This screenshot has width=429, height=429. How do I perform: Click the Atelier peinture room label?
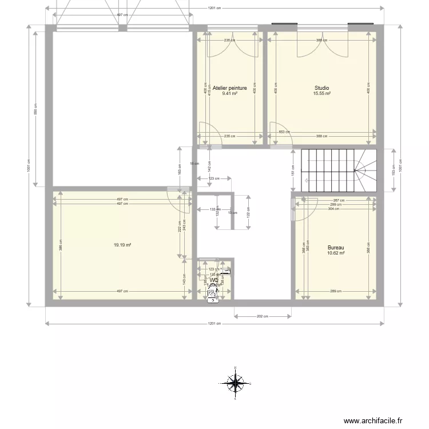229,88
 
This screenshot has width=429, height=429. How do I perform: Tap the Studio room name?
321,88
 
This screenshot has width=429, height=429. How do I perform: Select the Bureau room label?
336,248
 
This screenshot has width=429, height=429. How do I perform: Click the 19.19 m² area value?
122,245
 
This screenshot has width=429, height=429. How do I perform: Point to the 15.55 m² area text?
321,94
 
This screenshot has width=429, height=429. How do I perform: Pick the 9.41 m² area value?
229,94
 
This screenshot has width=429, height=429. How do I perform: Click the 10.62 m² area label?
336,253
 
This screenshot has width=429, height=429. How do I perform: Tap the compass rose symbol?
235,382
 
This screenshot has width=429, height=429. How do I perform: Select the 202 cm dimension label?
263,316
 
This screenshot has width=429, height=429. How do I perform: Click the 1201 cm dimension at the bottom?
214,324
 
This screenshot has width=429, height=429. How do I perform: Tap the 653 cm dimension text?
282,132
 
